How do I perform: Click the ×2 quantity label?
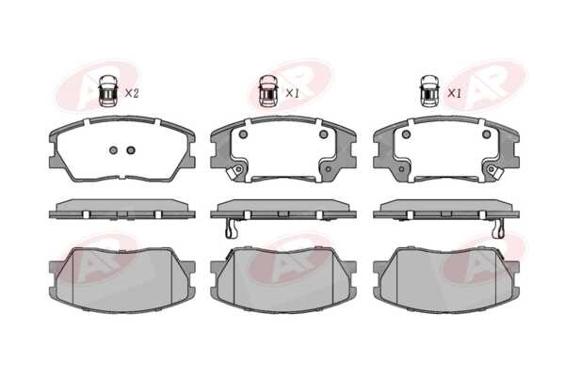click(132, 94)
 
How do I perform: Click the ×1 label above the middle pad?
click(292, 94)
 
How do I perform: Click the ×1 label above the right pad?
click(455, 94)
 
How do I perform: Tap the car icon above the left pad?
click(108, 90)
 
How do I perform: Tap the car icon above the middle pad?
click(268, 90)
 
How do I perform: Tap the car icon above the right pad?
click(430, 90)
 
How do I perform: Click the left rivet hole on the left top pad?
click(114, 150)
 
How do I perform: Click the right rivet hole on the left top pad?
click(131, 150)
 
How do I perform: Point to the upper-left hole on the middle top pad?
click(243, 134)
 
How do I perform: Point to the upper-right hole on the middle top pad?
click(323, 134)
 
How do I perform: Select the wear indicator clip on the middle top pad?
click(234, 172)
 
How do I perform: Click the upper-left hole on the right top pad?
click(407, 134)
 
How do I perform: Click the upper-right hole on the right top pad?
click(487, 134)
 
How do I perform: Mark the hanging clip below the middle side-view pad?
click(232, 228)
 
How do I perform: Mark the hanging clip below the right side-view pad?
click(498, 228)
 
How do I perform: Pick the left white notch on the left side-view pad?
click(86, 214)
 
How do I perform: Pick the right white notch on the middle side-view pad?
click(319, 214)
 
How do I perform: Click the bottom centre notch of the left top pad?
click(122, 177)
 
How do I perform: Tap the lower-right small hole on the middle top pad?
click(328, 168)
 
